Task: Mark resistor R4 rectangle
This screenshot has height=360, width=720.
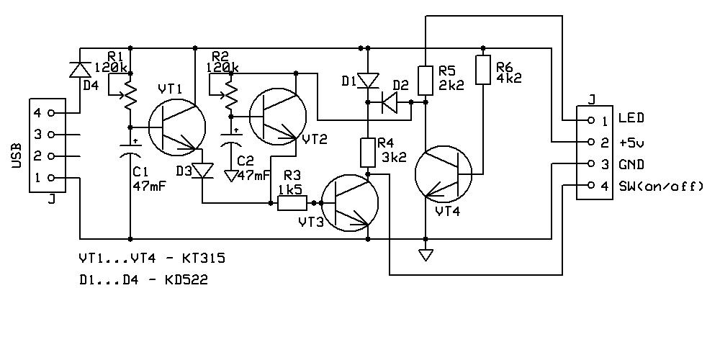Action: (x=368, y=153)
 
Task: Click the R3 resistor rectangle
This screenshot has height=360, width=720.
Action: (x=292, y=203)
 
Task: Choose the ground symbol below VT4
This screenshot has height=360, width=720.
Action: (x=426, y=254)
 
